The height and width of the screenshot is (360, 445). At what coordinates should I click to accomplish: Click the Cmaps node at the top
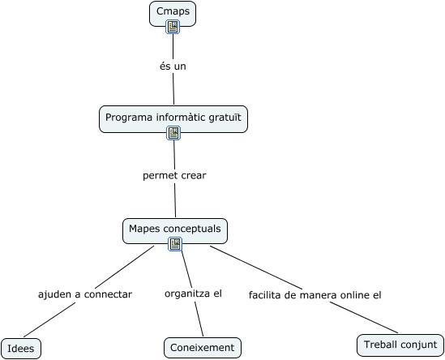pyautogui.click(x=173, y=12)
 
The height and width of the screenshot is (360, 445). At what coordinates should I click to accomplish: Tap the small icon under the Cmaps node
pyautogui.click(x=173, y=28)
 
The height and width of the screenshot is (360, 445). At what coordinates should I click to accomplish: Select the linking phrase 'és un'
pyautogui.click(x=173, y=66)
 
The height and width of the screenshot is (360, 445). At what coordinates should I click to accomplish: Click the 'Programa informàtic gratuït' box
pyautogui.click(x=173, y=118)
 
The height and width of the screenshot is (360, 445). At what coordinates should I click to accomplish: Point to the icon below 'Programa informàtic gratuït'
pyautogui.click(x=173, y=134)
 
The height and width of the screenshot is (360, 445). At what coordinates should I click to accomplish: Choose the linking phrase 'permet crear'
pyautogui.click(x=174, y=175)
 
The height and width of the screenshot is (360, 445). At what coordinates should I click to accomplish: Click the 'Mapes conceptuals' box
pyautogui.click(x=175, y=229)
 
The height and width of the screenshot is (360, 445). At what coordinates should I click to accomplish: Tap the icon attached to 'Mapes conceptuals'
pyautogui.click(x=175, y=243)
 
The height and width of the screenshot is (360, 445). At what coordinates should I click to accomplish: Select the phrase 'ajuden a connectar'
pyautogui.click(x=85, y=294)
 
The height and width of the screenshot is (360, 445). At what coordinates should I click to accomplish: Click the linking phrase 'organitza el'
pyautogui.click(x=193, y=293)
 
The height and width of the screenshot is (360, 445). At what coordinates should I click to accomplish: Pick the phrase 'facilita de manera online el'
pyautogui.click(x=314, y=294)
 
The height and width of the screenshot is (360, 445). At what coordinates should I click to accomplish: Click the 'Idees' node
pyautogui.click(x=20, y=348)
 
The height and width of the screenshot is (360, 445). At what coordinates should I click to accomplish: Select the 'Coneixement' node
pyautogui.click(x=203, y=348)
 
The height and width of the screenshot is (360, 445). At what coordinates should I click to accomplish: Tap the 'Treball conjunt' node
pyautogui.click(x=400, y=345)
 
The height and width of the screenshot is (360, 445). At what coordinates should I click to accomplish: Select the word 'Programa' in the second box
pyautogui.click(x=128, y=118)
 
